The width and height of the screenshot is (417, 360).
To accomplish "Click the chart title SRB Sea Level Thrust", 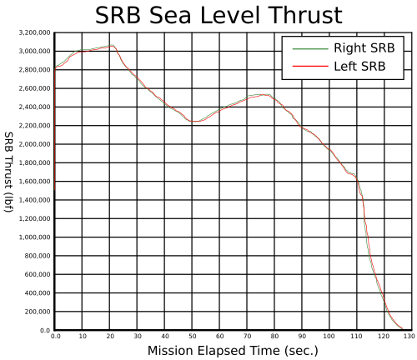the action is tap(219, 15).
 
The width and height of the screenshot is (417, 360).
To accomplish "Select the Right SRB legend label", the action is tap(364, 48).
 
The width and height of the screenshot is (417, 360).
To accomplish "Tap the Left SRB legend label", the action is tap(359, 67).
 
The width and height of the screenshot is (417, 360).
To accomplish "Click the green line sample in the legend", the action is tap(310, 49).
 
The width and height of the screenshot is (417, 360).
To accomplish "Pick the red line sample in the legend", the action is tap(310, 66).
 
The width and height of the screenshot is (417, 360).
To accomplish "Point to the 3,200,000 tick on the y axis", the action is tap(35, 32).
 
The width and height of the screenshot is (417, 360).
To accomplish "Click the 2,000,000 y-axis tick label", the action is tap(35, 144).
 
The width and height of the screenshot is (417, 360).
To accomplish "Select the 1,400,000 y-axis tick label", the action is tap(35, 200).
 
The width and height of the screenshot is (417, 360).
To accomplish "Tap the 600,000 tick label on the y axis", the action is tap(38, 274).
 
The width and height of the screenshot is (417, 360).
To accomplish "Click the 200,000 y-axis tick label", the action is tap(38, 312).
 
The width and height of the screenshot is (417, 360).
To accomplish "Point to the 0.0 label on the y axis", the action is tap(45, 331).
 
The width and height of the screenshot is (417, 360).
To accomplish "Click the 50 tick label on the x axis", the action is tap(193, 337).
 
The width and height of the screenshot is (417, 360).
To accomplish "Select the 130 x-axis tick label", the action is tap(409, 337).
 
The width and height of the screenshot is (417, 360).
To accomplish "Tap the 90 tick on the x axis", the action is tap(302, 337).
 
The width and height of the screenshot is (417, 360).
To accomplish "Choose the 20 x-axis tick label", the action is tap(110, 337).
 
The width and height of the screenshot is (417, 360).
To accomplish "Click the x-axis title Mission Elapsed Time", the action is tap(233, 351).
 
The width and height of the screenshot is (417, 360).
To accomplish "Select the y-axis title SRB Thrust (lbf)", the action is tap(8, 172).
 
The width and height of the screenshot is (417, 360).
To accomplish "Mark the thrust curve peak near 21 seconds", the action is tap(112, 45).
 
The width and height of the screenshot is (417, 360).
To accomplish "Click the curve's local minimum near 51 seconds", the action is tap(194, 122).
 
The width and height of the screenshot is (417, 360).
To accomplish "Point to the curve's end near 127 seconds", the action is tap(402, 328).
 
